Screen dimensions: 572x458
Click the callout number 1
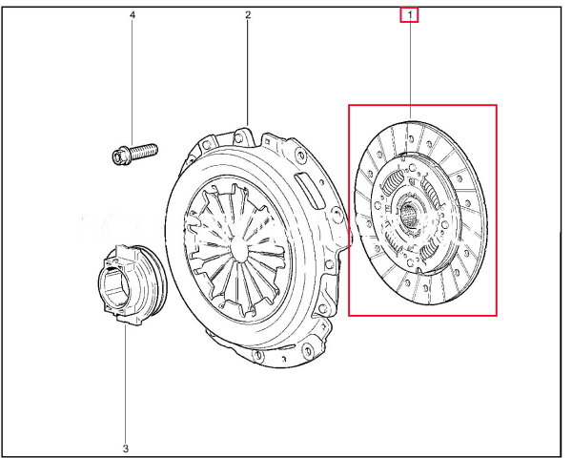coord(410,15)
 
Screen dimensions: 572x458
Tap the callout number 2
coord(248,15)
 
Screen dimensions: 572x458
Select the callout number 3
coord(126,448)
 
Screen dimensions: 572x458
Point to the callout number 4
coord(133,15)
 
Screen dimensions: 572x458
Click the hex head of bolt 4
coord(119,156)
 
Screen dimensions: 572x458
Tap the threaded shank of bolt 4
coord(144,151)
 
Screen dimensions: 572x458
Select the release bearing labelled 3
coord(133,284)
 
